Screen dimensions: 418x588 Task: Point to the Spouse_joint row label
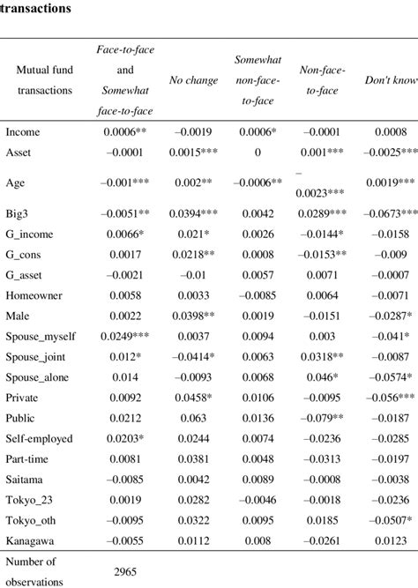click(x=34, y=355)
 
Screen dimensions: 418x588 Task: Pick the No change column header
click(x=194, y=81)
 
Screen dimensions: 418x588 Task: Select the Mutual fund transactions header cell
click(x=44, y=81)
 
